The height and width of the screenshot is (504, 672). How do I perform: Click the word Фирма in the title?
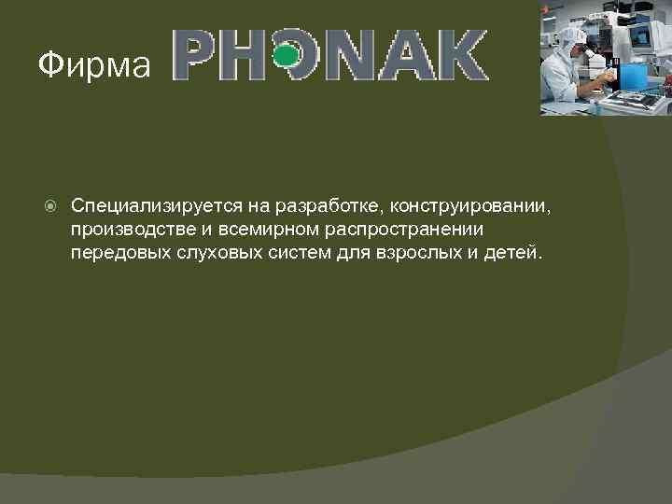coord(93,65)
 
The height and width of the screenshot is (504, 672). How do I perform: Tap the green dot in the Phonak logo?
coord(288,56)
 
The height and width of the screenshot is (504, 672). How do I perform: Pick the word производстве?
coord(132,229)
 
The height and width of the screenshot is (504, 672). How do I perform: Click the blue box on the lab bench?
coord(635,76)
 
